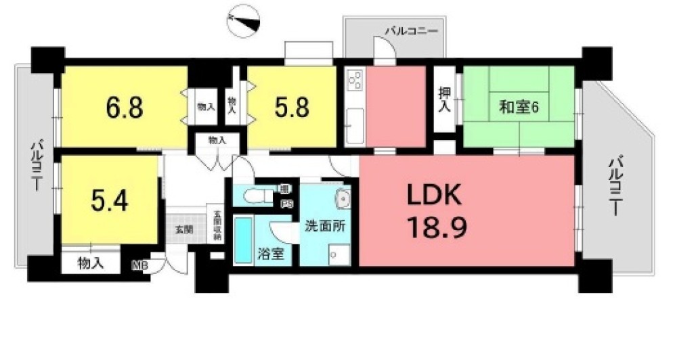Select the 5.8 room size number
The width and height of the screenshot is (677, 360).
292,108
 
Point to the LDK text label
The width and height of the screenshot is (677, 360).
433,196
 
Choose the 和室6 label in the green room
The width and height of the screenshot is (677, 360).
519,107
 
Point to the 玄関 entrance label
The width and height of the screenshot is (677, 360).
184,229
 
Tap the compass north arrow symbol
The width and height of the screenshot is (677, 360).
244,20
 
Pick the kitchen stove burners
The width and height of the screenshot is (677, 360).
354,81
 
